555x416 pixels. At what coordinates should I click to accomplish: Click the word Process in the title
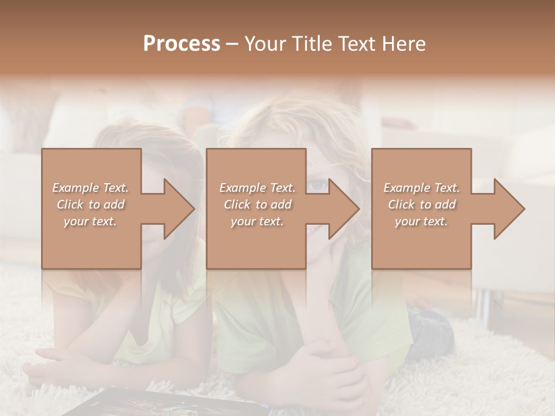pos(182,44)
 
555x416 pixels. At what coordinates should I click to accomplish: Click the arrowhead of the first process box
pos(176,209)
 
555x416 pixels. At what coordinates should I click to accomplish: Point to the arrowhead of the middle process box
pos(341,209)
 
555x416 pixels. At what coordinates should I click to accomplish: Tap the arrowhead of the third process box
pos(506,209)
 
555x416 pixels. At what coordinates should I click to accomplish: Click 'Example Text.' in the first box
pos(91,188)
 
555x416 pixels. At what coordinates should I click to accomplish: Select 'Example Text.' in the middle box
pos(257,188)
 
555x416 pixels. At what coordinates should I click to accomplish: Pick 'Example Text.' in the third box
pos(421,188)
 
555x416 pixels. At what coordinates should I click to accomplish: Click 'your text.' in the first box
pos(90,221)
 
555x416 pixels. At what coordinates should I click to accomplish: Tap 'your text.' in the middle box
pos(257,221)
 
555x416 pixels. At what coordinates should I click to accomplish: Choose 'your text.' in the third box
pos(421,221)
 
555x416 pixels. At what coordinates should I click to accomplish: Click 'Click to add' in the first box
pos(91,205)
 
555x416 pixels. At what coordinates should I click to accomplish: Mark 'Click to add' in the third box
pos(421,205)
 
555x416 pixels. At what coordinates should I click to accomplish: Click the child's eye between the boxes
pos(317,185)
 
